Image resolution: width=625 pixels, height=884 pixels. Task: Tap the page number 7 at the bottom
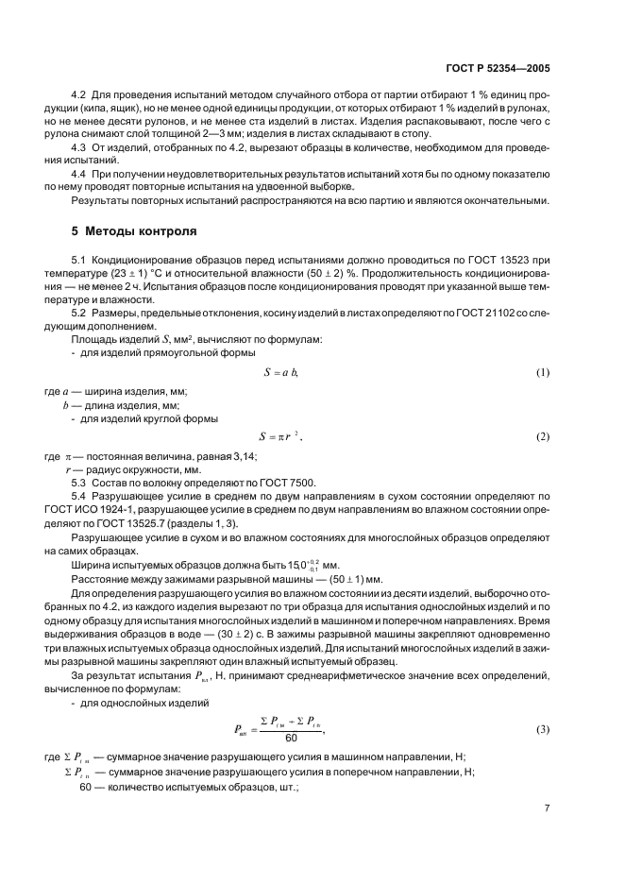[548, 807]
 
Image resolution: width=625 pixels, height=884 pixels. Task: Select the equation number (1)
[542, 373]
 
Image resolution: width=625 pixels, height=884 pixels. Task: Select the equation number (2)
[542, 437]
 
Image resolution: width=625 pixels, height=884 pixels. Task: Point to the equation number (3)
[542, 730]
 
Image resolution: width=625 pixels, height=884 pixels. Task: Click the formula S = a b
[279, 373]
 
